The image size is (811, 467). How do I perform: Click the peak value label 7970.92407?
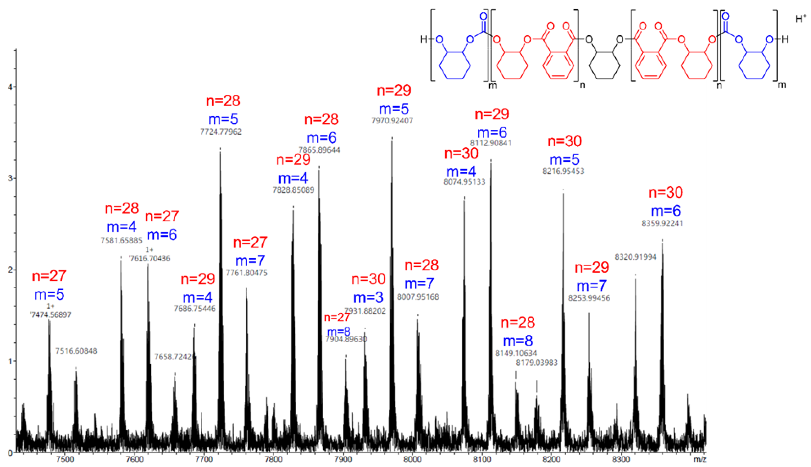pos(392,121)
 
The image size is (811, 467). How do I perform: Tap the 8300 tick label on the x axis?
pos(621,460)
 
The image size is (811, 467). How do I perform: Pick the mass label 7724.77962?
pos(221,132)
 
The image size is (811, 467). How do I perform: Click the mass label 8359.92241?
pos(662,224)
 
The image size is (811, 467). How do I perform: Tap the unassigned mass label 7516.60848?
pos(76,351)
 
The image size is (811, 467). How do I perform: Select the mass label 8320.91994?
pos(635,257)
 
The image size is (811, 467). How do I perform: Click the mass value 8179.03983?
pos(536,363)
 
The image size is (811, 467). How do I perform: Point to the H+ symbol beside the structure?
pos(801,19)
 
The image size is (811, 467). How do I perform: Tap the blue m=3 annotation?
pos(368,298)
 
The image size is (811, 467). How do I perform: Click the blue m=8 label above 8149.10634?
pos(517,341)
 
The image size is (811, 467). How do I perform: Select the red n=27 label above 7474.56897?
pos(49,276)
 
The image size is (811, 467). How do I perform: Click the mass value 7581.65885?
pos(121,241)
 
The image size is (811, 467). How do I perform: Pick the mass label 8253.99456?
pos(589,298)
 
